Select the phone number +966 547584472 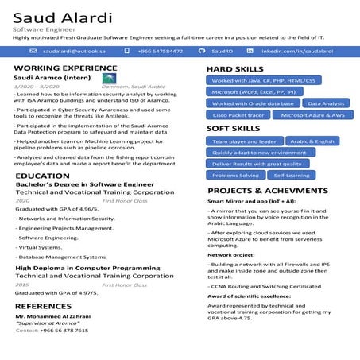tap(160, 51)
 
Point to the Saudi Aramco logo tap(109, 79)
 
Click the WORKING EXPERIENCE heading tap(60, 68)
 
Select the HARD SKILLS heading tap(235, 69)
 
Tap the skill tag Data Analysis tap(326, 103)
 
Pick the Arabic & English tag tap(312, 141)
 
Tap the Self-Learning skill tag tap(292, 175)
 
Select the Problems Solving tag tap(235, 175)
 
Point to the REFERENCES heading tap(44, 306)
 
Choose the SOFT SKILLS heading tap(233, 128)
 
